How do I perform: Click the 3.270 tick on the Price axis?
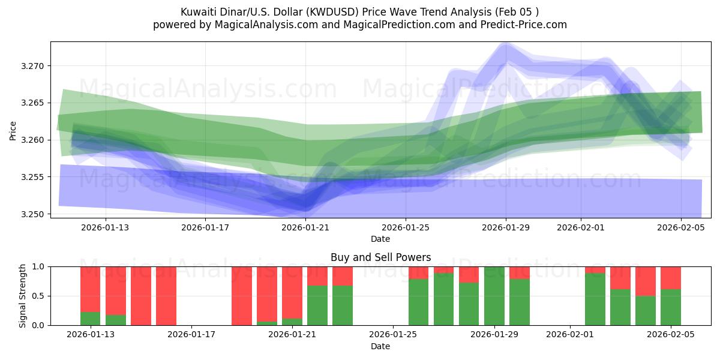34,66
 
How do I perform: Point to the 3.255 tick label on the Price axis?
34,177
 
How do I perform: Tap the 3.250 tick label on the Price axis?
34,214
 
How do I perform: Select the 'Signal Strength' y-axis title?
22,296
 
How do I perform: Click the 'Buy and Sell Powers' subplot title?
380,257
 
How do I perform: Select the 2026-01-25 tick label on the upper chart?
406,227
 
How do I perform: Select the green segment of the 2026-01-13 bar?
90,319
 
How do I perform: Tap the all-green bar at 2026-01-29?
494,296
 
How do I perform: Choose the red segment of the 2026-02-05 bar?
670,278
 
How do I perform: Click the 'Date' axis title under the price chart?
380,239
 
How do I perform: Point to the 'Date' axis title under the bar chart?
380,346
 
